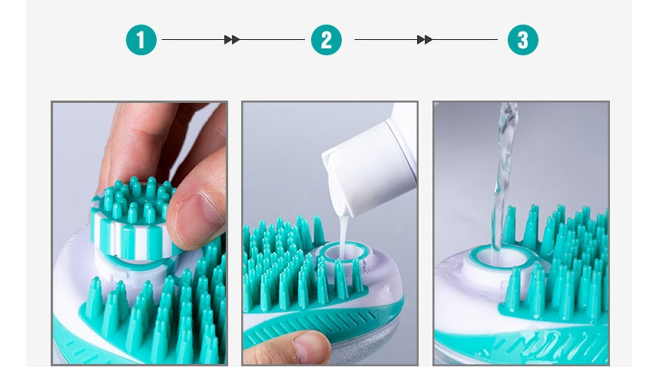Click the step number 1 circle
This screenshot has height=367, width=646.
coord(141,40)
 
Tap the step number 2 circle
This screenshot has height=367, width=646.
coord(326,40)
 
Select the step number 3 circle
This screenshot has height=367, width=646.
coord(522,40)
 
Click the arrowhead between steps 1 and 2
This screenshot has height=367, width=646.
coord(231,40)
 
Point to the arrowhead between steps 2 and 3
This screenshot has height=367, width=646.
coord(424,40)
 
